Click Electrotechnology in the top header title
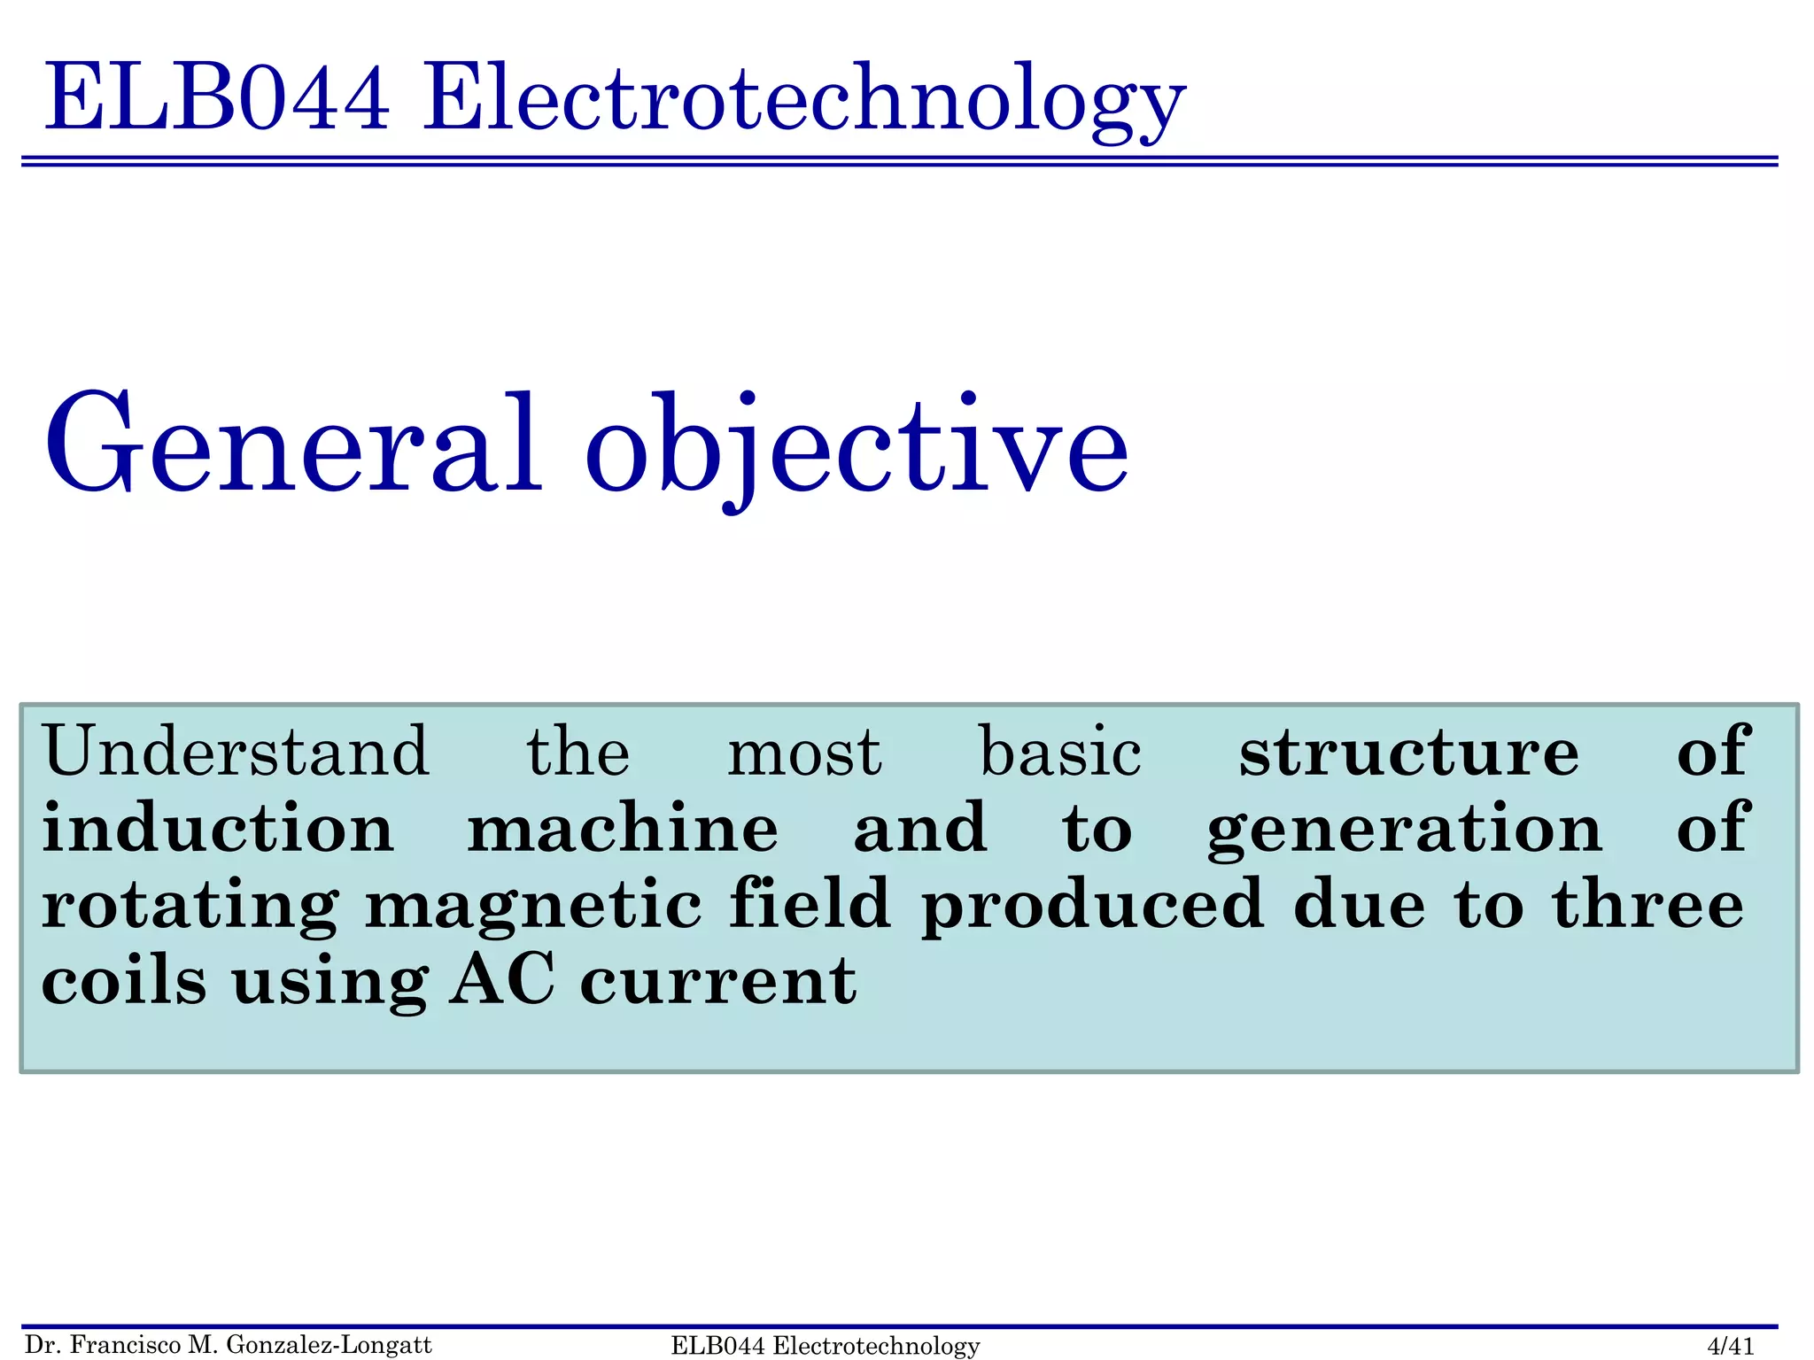click(x=803, y=99)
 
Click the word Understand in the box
click(x=236, y=752)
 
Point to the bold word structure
click(x=1408, y=752)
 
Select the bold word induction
click(x=218, y=828)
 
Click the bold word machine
click(x=623, y=828)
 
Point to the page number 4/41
click(x=1730, y=1346)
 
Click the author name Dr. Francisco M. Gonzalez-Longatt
click(x=229, y=1345)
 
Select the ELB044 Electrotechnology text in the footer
click(x=826, y=1346)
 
